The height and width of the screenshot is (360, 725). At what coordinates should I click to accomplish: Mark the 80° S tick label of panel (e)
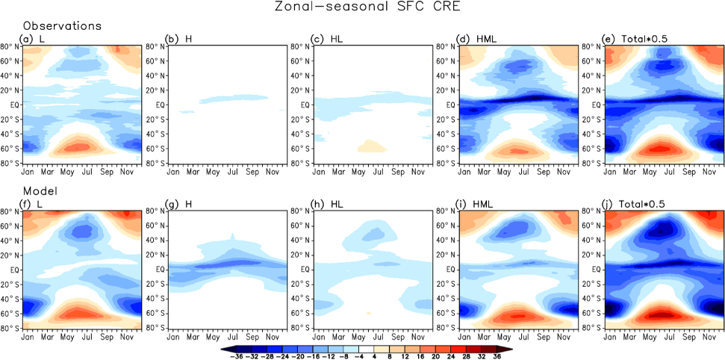pyautogui.click(x=595, y=163)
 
